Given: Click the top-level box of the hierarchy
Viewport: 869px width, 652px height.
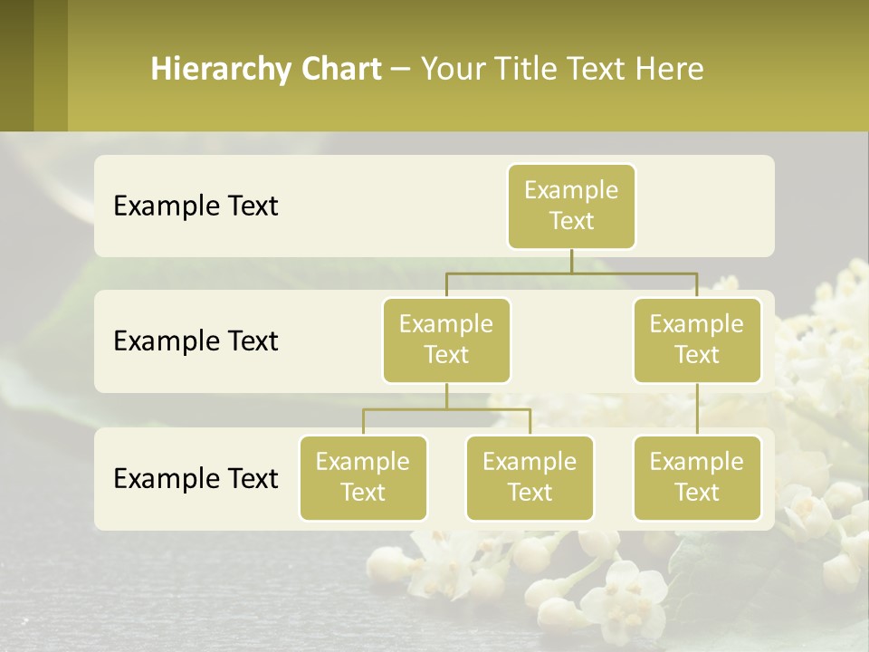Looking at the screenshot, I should (x=571, y=206).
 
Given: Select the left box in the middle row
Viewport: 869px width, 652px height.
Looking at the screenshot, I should (x=446, y=340).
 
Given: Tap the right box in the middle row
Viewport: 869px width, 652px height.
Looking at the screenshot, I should (x=697, y=340).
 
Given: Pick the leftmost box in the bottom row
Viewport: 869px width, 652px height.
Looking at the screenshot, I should (x=363, y=477).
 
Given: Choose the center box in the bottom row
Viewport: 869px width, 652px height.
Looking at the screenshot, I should (x=530, y=477).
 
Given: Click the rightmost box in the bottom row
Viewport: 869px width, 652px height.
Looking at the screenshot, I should (x=697, y=477).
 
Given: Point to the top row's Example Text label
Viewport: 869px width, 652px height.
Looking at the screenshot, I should (x=196, y=206).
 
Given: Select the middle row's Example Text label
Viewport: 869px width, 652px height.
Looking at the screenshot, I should (x=196, y=341).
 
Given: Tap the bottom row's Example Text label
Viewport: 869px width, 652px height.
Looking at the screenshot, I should (x=196, y=478).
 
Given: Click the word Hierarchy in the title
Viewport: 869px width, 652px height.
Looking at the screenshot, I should (x=221, y=70).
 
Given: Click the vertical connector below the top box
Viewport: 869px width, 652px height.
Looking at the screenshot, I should (x=571, y=261).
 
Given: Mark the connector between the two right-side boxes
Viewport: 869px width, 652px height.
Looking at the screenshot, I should (x=697, y=409).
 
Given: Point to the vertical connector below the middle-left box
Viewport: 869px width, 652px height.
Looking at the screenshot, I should (x=446, y=396).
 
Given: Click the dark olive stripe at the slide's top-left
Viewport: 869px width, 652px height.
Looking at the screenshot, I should (x=17, y=65).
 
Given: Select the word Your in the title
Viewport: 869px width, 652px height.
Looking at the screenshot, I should (x=452, y=70).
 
